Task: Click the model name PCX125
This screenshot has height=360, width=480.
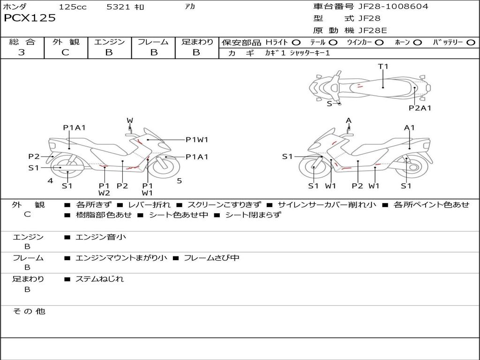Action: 30,18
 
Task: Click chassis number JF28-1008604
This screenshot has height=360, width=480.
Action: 393,7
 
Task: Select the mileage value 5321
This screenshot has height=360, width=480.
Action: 119,7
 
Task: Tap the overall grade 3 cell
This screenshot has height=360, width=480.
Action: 22,52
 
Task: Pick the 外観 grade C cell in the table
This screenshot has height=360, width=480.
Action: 65,52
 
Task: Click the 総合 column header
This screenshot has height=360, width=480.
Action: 22,42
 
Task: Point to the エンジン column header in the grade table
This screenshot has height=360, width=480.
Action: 109,42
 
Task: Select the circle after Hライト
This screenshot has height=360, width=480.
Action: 296,43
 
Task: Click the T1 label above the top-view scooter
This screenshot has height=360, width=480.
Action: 383,67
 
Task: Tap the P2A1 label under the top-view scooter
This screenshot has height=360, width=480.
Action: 420,108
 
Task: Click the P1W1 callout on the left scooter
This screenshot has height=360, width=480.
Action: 197,139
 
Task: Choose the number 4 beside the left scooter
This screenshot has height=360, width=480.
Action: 50,181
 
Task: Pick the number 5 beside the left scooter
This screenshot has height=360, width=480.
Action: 179,181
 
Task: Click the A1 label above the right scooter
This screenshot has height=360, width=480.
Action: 409,127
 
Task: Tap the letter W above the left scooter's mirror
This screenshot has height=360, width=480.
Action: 130,121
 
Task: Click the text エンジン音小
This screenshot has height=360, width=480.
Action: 101,237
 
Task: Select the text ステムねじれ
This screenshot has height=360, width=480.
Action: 99,279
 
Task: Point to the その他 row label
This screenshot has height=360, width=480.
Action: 29,311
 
